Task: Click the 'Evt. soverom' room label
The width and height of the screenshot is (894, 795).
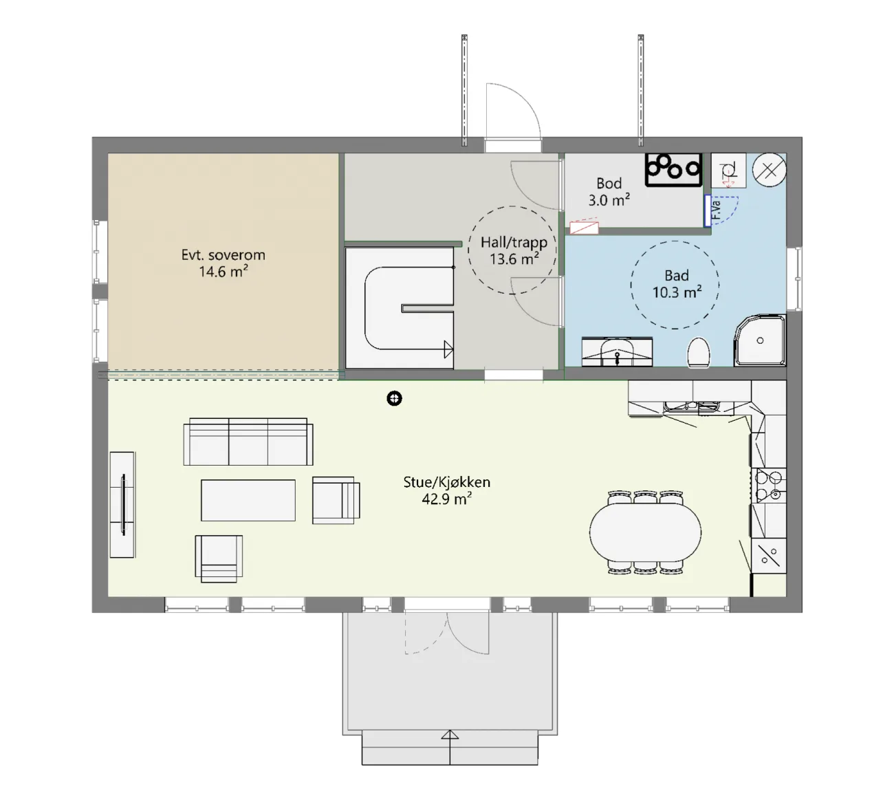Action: (223, 255)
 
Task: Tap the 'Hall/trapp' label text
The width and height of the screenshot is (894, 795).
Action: (514, 242)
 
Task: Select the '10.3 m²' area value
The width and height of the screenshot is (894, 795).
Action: (677, 292)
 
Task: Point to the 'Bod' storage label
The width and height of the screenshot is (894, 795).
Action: (609, 183)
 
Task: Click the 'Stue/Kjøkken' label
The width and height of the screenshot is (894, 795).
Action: (446, 482)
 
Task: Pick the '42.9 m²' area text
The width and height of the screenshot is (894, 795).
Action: (446, 499)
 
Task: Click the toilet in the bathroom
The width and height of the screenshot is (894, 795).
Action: (699, 353)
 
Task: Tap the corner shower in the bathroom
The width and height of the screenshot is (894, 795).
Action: (760, 340)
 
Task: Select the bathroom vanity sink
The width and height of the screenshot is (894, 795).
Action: (617, 352)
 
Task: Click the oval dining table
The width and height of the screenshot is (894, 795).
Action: (645, 532)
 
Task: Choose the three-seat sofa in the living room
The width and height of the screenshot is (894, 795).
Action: (248, 442)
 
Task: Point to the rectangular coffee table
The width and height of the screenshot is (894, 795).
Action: (248, 500)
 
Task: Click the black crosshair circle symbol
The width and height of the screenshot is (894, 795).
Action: (394, 399)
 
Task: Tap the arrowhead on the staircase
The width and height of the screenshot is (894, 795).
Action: (449, 349)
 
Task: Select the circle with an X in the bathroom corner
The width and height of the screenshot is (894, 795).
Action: (769, 169)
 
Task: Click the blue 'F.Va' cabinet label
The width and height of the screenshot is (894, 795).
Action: (716, 210)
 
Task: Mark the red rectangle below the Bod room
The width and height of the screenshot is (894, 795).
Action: (585, 228)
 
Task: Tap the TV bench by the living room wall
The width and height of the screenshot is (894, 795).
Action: (122, 505)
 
